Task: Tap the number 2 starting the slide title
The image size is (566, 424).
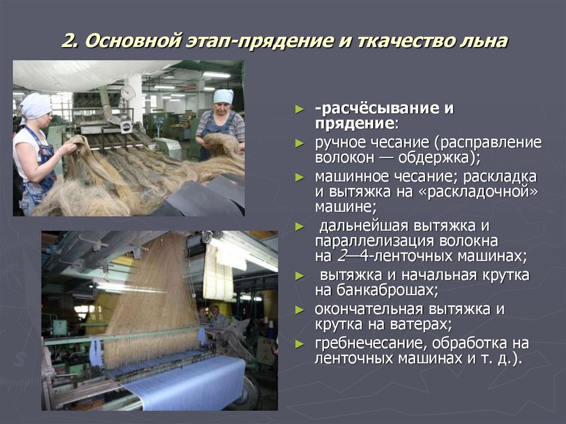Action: point(68,42)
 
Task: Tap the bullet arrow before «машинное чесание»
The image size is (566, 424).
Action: point(300,177)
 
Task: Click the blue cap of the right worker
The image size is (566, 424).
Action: point(223,96)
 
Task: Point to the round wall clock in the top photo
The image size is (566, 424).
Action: point(128,93)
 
